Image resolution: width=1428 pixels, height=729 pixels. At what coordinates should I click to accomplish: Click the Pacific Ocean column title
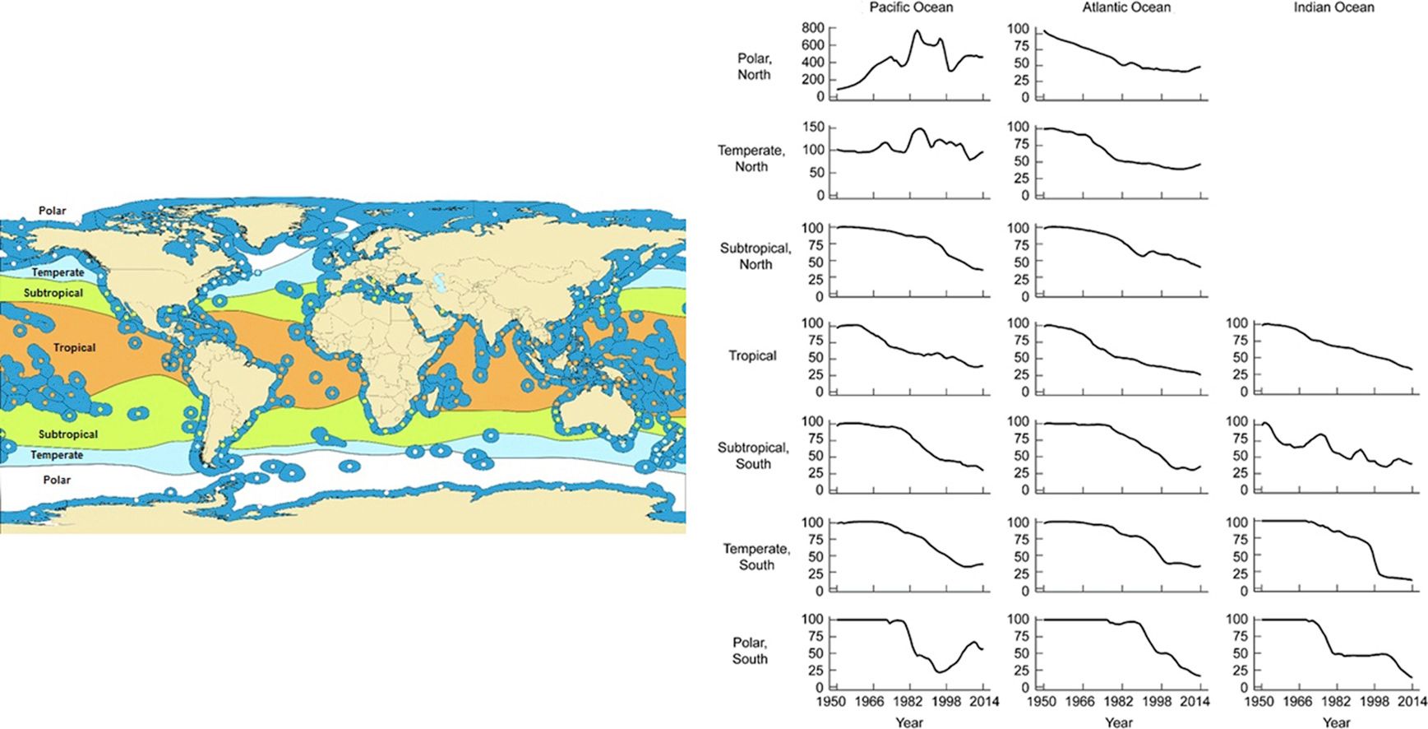click(911, 7)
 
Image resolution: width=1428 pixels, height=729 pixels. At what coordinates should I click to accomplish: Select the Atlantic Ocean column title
click(1126, 7)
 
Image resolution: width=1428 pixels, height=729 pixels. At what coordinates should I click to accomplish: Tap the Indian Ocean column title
click(1333, 7)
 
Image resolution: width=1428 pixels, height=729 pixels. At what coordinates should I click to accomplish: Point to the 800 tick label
click(812, 29)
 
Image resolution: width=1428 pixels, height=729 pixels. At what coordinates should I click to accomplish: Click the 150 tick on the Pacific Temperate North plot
click(812, 127)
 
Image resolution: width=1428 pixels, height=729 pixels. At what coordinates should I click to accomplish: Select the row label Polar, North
click(754, 67)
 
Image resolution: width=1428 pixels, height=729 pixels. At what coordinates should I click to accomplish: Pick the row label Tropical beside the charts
click(752, 355)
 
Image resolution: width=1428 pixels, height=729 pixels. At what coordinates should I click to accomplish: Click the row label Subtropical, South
click(753, 456)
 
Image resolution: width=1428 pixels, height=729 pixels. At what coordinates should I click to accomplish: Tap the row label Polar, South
click(750, 651)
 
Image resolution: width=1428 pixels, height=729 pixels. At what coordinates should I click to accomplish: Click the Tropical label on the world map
click(75, 348)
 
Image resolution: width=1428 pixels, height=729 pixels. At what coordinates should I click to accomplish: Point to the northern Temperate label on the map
click(58, 272)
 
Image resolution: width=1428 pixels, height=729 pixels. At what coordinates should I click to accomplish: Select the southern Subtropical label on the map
click(68, 434)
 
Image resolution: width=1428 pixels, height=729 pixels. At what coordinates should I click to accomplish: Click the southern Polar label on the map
click(57, 480)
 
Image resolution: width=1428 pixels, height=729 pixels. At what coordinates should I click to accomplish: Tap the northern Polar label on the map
click(53, 211)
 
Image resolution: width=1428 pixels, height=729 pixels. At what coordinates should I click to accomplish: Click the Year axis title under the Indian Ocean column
click(1336, 722)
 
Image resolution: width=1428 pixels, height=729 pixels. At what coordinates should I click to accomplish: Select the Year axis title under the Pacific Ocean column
click(908, 722)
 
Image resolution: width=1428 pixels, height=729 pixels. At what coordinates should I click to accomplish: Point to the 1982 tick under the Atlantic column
click(1118, 702)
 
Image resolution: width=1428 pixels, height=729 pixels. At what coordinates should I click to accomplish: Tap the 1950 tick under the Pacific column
click(831, 702)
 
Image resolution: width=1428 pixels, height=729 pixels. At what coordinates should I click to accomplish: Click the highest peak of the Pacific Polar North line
click(917, 31)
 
